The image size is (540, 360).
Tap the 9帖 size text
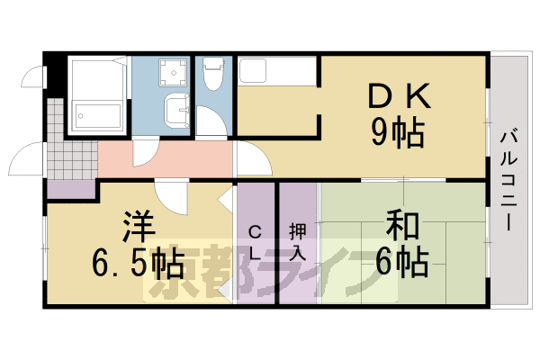(398, 135)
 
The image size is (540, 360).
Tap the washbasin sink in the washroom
(176, 113)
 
